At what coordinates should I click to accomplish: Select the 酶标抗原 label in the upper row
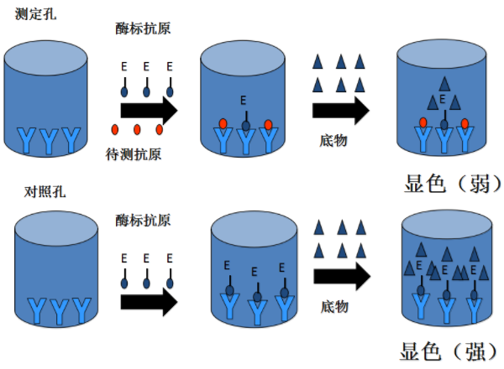[143, 29]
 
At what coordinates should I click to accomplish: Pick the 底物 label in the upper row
[333, 140]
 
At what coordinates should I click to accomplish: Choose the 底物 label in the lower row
[333, 307]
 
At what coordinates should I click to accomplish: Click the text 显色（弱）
[441, 182]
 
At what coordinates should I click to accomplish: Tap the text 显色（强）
[441, 351]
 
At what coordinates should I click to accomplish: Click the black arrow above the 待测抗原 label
[148, 110]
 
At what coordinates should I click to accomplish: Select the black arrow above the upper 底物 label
[340, 110]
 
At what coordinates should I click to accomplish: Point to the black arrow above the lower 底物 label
[340, 277]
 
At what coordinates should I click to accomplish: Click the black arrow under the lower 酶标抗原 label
[148, 300]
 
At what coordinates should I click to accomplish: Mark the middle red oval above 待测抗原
[137, 129]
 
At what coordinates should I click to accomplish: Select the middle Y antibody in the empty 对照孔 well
[56, 311]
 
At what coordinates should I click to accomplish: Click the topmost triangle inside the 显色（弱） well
[442, 82]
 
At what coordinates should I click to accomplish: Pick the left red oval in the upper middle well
[223, 124]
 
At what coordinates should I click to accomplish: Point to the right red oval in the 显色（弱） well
[465, 124]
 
